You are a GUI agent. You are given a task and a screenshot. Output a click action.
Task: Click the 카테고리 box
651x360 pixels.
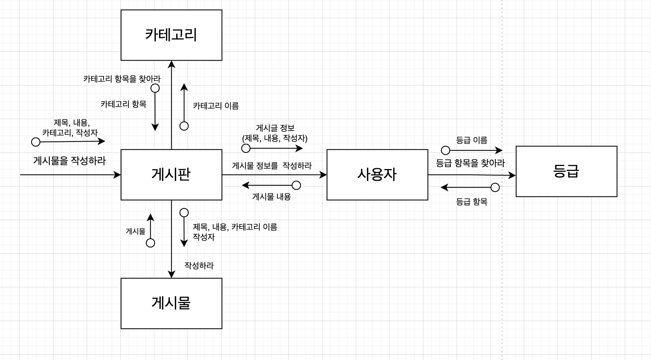(x=171, y=35)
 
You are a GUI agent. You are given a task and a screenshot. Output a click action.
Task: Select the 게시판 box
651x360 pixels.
(x=171, y=175)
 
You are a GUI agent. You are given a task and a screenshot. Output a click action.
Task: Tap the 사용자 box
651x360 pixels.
(x=377, y=175)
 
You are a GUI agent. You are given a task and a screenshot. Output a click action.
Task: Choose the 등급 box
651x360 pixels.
(x=566, y=171)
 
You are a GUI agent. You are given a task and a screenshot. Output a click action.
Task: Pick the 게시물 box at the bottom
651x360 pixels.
(x=171, y=303)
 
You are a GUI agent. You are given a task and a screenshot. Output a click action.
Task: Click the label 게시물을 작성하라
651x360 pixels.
(x=69, y=161)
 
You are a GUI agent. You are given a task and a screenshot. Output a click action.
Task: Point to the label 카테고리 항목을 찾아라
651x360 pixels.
(x=122, y=79)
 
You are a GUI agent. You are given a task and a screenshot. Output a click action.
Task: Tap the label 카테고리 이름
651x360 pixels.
(x=216, y=106)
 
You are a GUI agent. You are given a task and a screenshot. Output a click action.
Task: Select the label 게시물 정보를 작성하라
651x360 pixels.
(x=272, y=166)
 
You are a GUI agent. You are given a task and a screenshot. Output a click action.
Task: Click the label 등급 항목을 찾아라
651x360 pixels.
(x=470, y=163)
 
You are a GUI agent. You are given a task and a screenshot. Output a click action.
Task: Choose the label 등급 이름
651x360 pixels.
(x=471, y=140)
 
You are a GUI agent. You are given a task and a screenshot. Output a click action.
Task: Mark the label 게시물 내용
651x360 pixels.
(x=271, y=197)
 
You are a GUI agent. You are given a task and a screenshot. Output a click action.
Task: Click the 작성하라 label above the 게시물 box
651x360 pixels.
(x=199, y=265)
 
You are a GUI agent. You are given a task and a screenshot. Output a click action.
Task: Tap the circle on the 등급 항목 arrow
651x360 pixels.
(x=495, y=187)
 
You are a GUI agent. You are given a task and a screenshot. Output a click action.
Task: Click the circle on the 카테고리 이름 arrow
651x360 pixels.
(x=184, y=126)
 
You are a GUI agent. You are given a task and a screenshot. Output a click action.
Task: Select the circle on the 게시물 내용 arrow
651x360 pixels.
(x=296, y=185)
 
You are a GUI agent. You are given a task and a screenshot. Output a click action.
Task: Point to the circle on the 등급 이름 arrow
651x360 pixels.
(x=445, y=150)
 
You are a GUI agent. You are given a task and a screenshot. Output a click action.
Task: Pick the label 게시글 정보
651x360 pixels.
(x=275, y=128)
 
